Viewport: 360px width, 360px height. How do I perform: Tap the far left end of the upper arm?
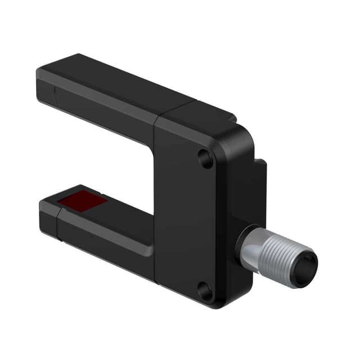tap(40, 84)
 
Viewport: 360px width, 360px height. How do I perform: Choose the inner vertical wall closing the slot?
tap(149, 186)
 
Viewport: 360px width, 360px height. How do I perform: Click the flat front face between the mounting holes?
tap(188, 225)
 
